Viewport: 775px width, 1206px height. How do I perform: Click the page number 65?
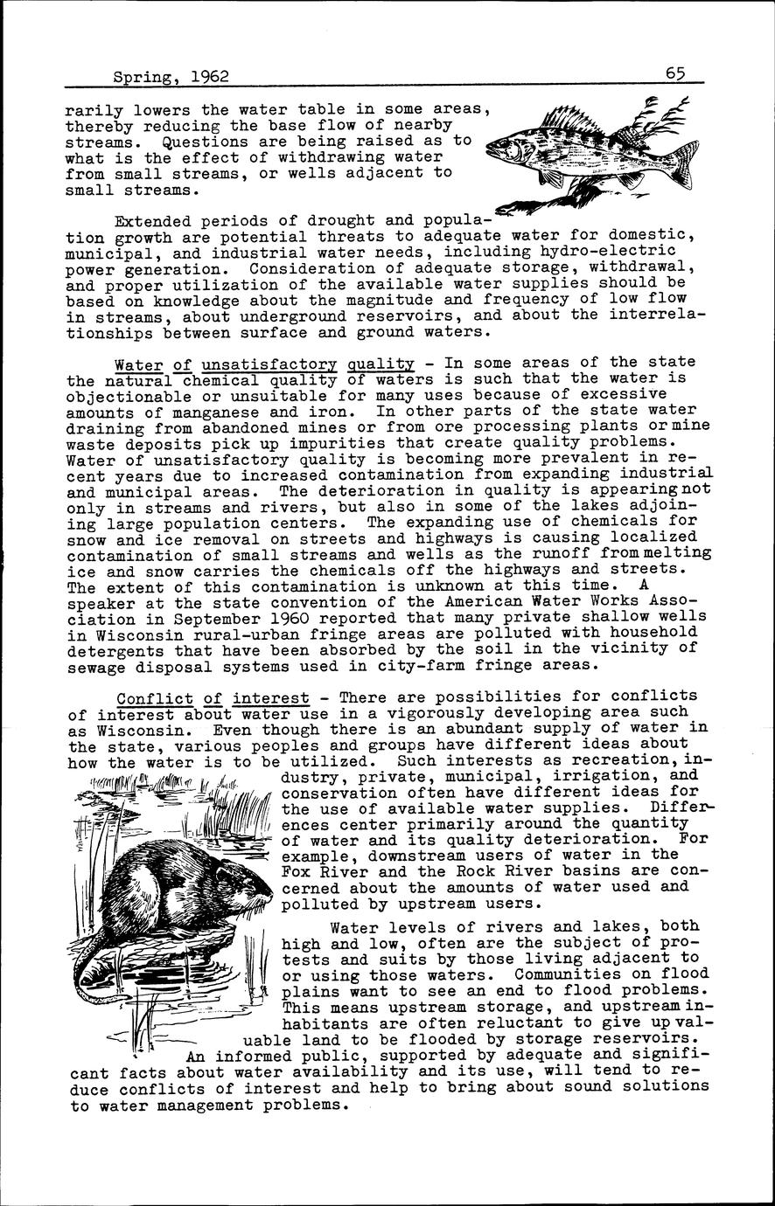[x=674, y=75]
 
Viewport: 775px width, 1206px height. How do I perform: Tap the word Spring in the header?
[x=146, y=79]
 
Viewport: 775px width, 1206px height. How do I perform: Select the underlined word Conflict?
[x=155, y=697]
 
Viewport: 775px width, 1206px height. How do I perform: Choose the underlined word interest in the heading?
[x=270, y=697]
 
